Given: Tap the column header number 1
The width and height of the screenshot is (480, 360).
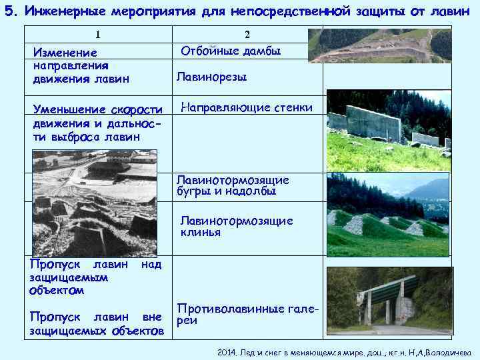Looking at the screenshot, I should point(98,35).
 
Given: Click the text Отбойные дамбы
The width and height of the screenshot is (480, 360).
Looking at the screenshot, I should point(231,51).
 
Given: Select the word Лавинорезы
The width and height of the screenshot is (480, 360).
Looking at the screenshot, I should point(211,77).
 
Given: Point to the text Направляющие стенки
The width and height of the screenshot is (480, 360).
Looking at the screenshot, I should point(247,107).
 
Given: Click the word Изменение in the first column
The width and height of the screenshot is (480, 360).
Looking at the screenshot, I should point(65,53).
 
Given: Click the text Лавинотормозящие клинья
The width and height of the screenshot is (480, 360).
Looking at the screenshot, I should point(236,227).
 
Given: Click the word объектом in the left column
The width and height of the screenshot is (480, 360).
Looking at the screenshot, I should point(57,291).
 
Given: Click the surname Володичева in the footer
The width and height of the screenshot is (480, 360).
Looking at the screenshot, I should point(447,352).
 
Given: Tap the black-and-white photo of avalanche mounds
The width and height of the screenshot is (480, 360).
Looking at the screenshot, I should point(94,203).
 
